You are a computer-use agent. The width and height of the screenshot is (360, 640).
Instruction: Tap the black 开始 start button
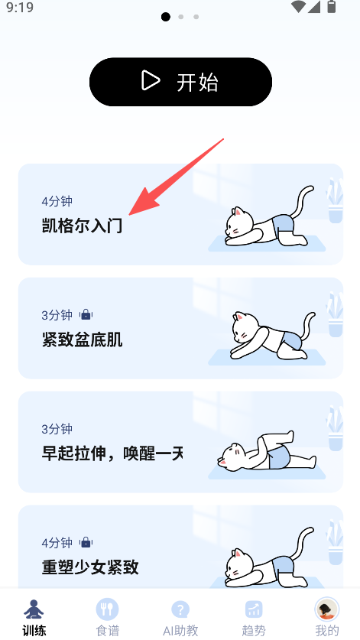(x=180, y=82)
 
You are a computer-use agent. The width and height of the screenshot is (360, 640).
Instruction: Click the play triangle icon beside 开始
(x=151, y=80)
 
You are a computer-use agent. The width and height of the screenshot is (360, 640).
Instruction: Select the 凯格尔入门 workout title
(x=82, y=226)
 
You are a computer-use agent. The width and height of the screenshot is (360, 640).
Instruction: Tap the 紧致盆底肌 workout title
(x=82, y=339)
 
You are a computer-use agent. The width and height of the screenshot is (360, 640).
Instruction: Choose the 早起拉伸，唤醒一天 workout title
(x=112, y=453)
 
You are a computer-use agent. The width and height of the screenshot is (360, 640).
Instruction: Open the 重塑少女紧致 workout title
(x=90, y=567)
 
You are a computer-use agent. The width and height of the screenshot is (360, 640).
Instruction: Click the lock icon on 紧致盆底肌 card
(x=86, y=315)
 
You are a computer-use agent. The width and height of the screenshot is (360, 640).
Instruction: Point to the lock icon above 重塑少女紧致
(x=86, y=542)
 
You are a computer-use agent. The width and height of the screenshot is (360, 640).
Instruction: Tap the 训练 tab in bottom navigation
(x=34, y=618)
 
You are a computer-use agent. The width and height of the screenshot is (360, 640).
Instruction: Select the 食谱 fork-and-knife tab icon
(x=107, y=609)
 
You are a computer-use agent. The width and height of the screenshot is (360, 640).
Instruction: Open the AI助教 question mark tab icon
(x=180, y=609)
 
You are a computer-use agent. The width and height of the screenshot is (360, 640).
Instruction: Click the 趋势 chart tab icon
(x=254, y=609)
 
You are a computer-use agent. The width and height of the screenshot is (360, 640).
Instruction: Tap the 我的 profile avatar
(x=326, y=609)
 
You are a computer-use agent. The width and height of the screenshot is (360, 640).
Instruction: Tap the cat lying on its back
(x=267, y=450)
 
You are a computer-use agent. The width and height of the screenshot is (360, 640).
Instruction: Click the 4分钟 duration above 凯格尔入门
(x=57, y=201)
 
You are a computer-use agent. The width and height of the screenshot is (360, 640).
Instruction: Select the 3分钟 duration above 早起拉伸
(x=57, y=429)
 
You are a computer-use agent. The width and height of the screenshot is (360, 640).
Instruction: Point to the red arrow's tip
(x=129, y=214)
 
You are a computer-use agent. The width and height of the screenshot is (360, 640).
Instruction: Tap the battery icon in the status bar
(x=332, y=7)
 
